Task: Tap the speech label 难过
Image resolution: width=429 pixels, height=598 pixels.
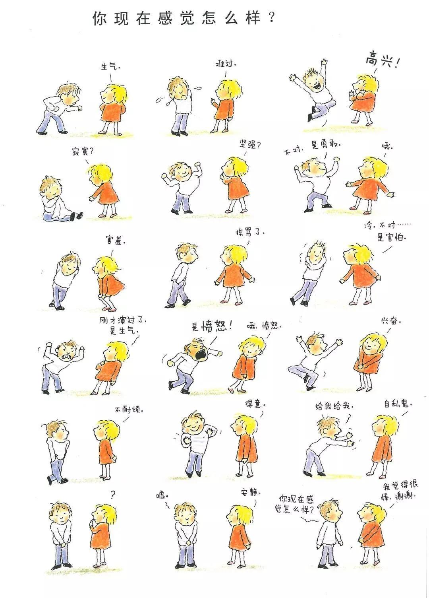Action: [x=225, y=64]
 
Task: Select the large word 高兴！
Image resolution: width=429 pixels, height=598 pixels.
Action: [x=381, y=60]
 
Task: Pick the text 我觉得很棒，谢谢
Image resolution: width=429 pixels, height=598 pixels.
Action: [x=400, y=491]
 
